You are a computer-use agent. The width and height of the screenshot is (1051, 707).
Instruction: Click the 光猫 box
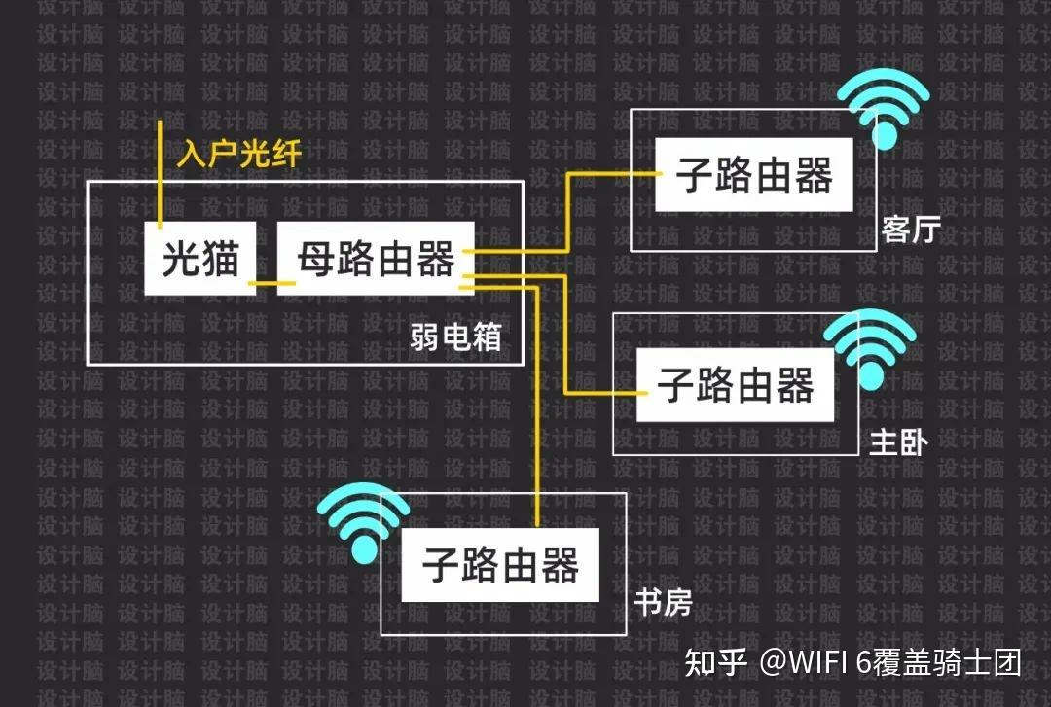(200, 259)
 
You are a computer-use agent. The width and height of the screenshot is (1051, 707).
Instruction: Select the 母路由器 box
(376, 259)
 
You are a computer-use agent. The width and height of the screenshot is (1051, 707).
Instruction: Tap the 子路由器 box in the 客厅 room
(754, 176)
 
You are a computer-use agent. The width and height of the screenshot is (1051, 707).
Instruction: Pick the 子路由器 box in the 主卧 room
(735, 385)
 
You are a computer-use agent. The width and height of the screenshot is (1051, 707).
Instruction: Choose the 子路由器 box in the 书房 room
(500, 565)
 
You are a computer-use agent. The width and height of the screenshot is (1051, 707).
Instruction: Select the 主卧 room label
(898, 443)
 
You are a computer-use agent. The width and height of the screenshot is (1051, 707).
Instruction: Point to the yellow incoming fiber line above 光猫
(161, 170)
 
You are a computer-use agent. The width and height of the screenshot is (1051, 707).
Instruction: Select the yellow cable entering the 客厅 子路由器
(613, 176)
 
